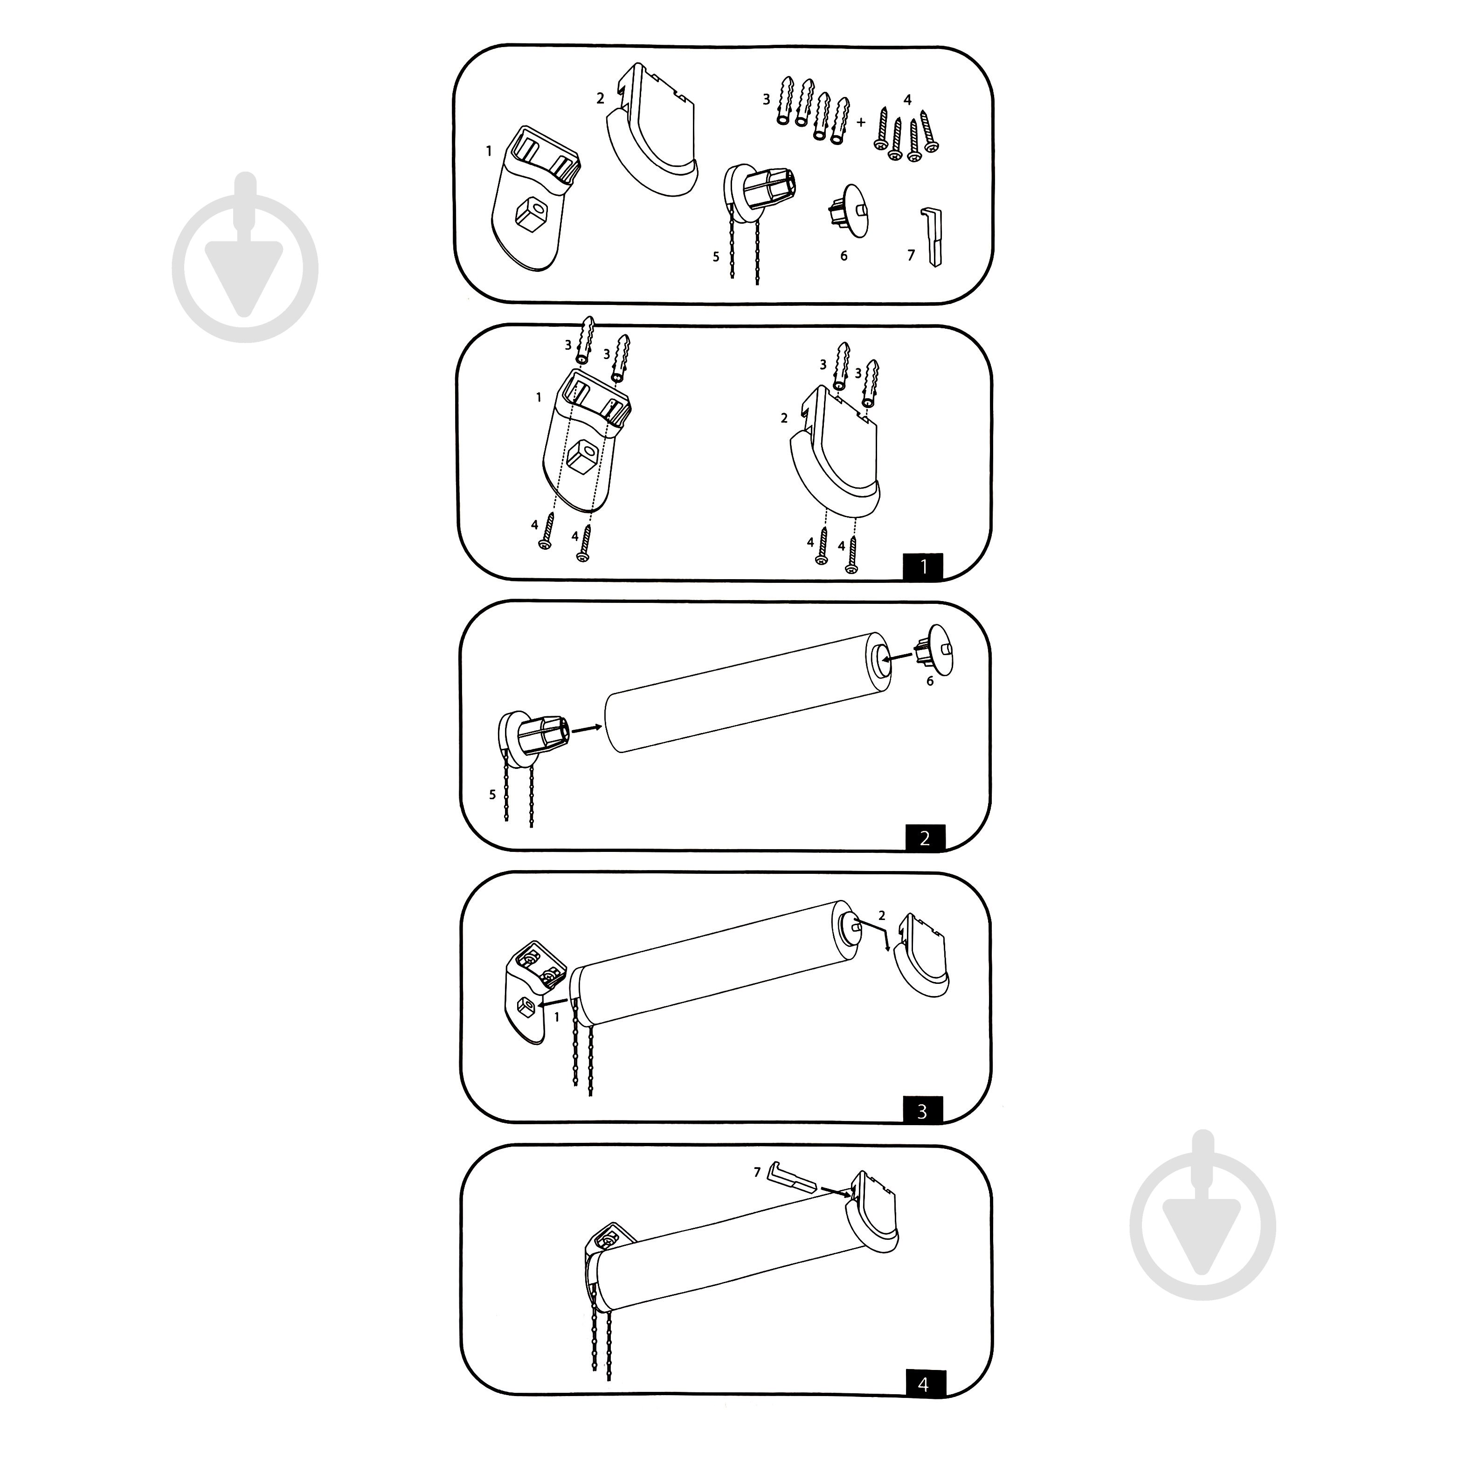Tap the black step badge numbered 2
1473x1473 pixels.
point(925,838)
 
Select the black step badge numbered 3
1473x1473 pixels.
point(922,1111)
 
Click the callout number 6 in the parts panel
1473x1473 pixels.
point(844,256)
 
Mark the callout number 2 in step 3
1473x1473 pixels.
point(882,915)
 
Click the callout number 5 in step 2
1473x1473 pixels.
point(492,795)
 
